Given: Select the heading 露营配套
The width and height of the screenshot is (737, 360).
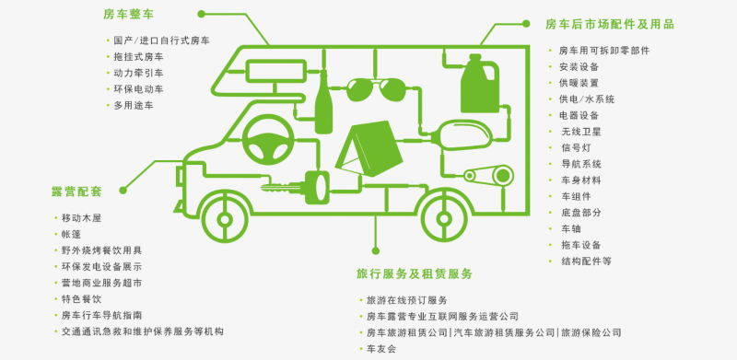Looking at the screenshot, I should pyautogui.click(x=76, y=192).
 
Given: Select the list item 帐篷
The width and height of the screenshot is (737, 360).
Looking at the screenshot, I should pyautogui.click(x=72, y=234).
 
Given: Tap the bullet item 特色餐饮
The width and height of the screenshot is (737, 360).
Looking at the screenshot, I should pyautogui.click(x=81, y=298).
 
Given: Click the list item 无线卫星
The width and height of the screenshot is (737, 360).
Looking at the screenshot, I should pyautogui.click(x=579, y=132).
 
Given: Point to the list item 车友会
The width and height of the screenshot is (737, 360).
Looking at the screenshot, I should pyautogui.click(x=380, y=349).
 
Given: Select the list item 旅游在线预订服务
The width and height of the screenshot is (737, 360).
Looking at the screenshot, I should pyautogui.click(x=406, y=300).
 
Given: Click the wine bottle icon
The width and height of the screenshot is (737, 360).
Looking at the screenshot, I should pyautogui.click(x=323, y=100).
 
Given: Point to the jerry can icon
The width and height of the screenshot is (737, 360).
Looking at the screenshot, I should pyautogui.click(x=480, y=84).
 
